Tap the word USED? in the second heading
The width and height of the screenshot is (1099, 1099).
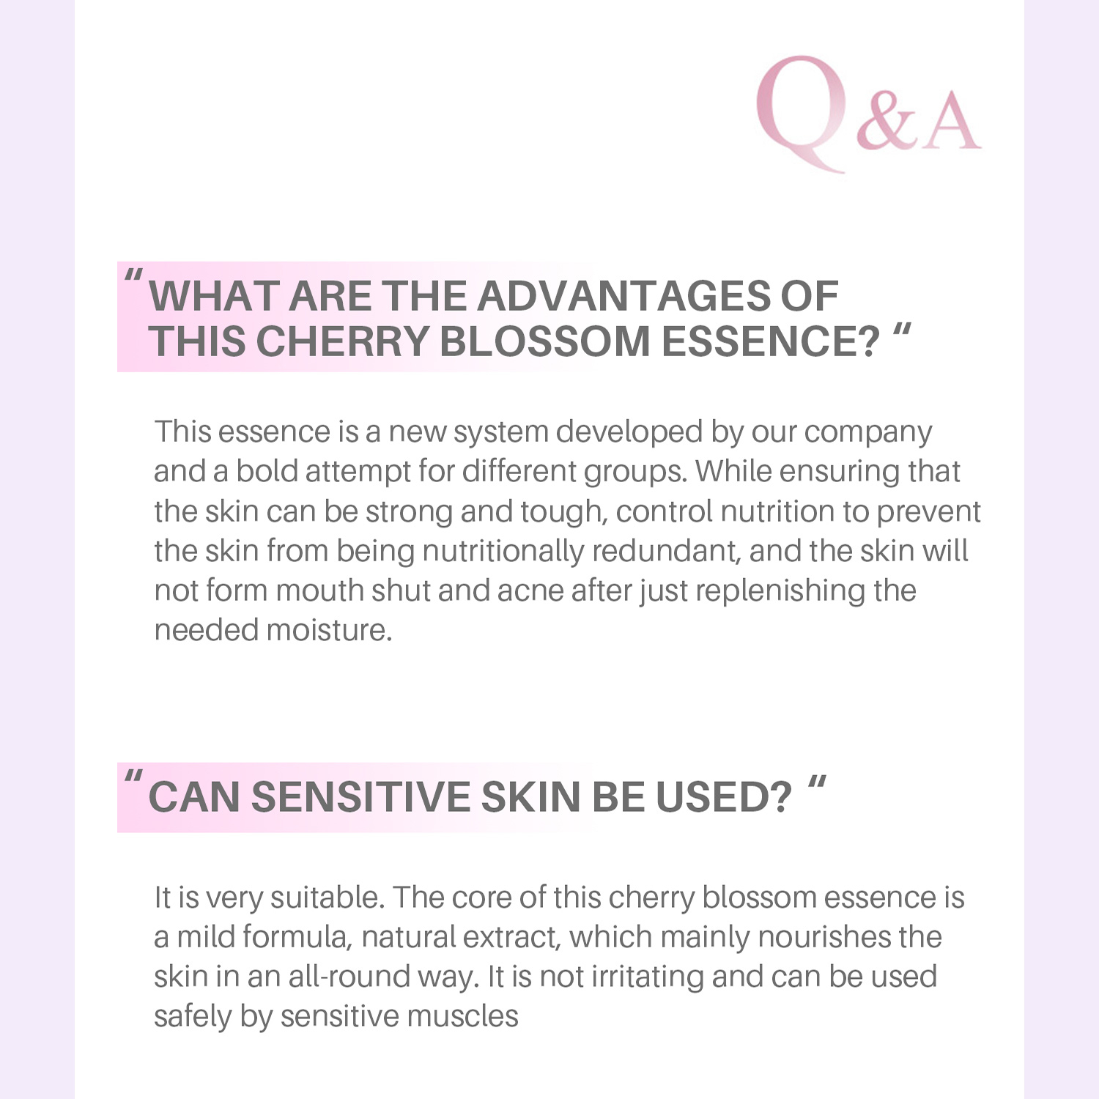click(724, 797)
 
